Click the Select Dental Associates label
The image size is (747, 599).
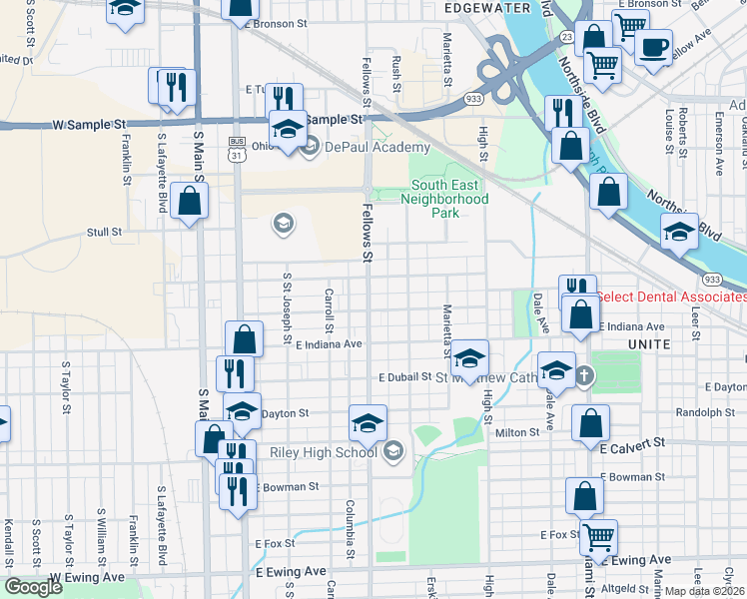(671, 297)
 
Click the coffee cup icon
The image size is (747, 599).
(655, 46)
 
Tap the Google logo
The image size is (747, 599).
(33, 587)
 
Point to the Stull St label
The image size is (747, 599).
(104, 232)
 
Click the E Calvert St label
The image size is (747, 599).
(633, 445)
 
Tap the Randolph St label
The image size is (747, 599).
(698, 412)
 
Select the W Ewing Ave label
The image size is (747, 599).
(87, 577)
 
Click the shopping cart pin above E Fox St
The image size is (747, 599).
(598, 536)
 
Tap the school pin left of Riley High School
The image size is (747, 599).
(368, 423)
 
